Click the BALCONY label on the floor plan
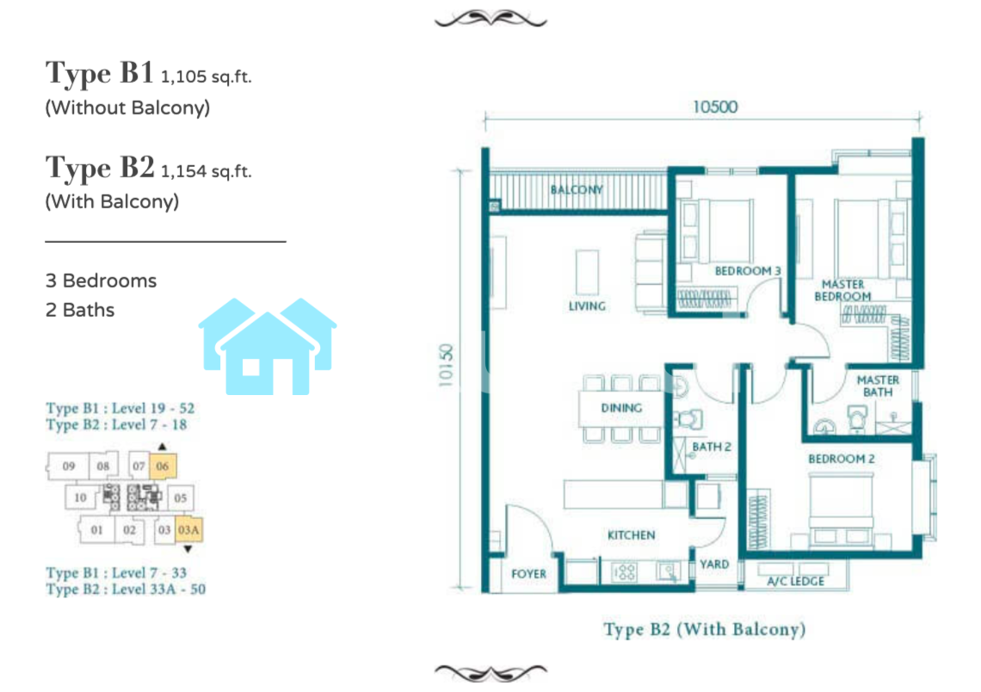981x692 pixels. [x=577, y=189]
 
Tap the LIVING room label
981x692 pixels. [x=587, y=306]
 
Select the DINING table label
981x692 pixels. [x=621, y=408]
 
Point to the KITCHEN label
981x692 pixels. [x=632, y=535]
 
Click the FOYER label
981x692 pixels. [x=528, y=574]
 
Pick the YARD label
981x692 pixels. [x=714, y=565]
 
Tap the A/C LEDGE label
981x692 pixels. [x=795, y=581]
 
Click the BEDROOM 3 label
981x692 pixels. [x=748, y=271]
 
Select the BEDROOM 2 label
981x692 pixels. [x=842, y=459]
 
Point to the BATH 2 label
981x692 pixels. [x=712, y=447]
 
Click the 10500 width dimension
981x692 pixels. [x=715, y=107]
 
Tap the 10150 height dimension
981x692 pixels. [x=446, y=366]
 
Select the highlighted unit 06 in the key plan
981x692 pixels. [x=163, y=466]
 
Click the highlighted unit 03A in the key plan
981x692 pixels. [x=188, y=530]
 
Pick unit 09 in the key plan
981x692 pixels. [x=69, y=466]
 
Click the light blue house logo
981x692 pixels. [x=268, y=346]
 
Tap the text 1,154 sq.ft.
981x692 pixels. [x=206, y=171]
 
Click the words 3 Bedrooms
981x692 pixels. [x=101, y=281]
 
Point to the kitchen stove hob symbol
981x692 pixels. [x=624, y=572]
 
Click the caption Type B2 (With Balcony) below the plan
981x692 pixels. [x=705, y=629]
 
